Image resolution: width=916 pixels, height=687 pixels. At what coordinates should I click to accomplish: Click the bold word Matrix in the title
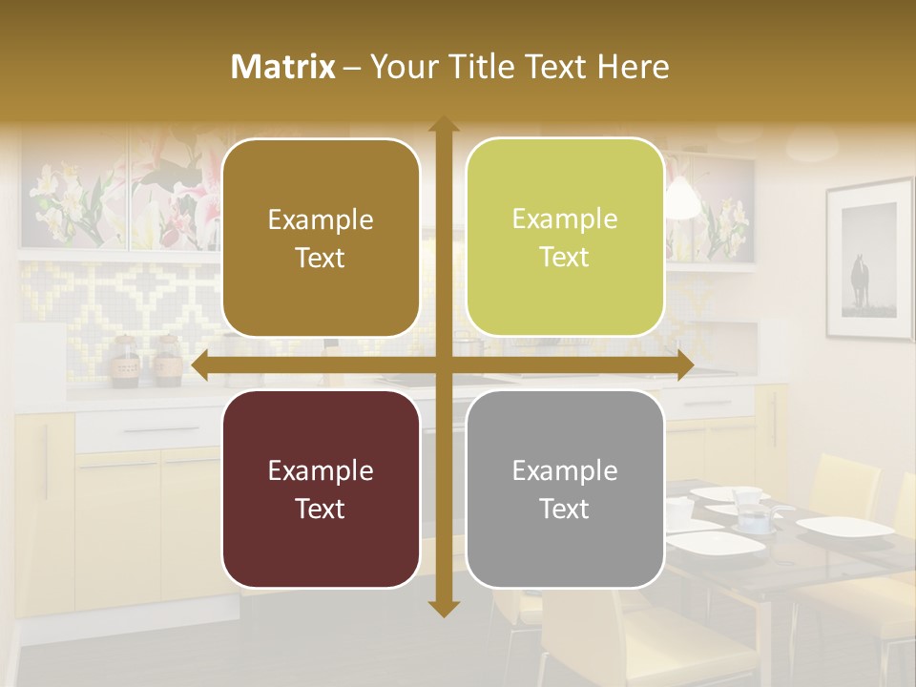283,67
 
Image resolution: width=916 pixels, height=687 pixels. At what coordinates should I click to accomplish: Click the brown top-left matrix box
321,238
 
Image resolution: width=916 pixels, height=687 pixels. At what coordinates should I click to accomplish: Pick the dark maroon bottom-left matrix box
321,489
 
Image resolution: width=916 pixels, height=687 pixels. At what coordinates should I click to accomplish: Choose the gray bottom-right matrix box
565,489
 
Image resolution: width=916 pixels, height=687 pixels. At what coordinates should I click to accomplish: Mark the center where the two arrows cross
443,365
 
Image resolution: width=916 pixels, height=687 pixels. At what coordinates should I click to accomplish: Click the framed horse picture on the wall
868,260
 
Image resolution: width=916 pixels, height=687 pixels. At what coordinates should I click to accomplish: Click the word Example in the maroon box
321,470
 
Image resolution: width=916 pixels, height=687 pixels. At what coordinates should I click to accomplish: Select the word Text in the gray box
565,509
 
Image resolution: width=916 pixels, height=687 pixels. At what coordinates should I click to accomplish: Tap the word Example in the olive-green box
565,219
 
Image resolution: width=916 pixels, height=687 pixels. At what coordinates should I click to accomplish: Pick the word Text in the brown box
321,258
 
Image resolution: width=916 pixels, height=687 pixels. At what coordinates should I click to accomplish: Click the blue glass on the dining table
755,521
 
